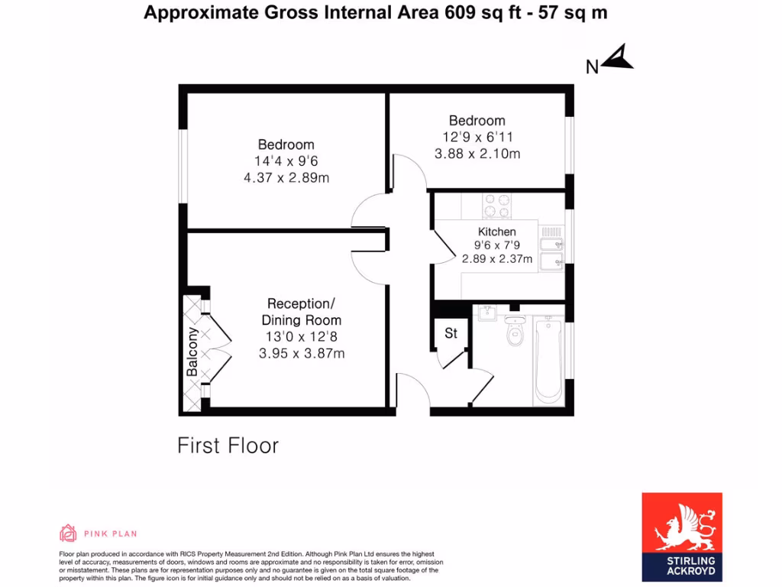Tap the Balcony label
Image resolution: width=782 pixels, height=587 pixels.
click(x=192, y=352)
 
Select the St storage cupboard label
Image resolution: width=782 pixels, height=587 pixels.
click(x=451, y=333)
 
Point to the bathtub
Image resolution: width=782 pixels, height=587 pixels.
click(x=548, y=359)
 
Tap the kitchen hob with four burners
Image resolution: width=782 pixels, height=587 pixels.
click(x=496, y=206)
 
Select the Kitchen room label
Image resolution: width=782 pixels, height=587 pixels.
click(x=496, y=232)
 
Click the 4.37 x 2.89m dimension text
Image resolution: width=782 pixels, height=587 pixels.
click(x=286, y=177)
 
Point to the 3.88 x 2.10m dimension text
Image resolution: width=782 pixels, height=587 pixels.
click(x=477, y=153)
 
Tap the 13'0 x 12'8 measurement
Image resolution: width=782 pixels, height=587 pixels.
click(x=301, y=337)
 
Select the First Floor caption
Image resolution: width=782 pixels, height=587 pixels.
click(x=228, y=445)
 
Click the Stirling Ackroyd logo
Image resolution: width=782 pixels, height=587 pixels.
click(x=681, y=533)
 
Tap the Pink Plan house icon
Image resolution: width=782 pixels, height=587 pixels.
click(x=68, y=533)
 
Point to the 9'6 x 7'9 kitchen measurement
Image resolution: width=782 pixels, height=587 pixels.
click(x=496, y=245)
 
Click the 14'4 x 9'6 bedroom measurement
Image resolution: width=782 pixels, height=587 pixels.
click(x=286, y=161)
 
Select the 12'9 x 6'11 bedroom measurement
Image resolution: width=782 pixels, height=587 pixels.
click(x=477, y=137)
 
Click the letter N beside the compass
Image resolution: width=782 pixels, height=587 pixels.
click(x=592, y=67)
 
